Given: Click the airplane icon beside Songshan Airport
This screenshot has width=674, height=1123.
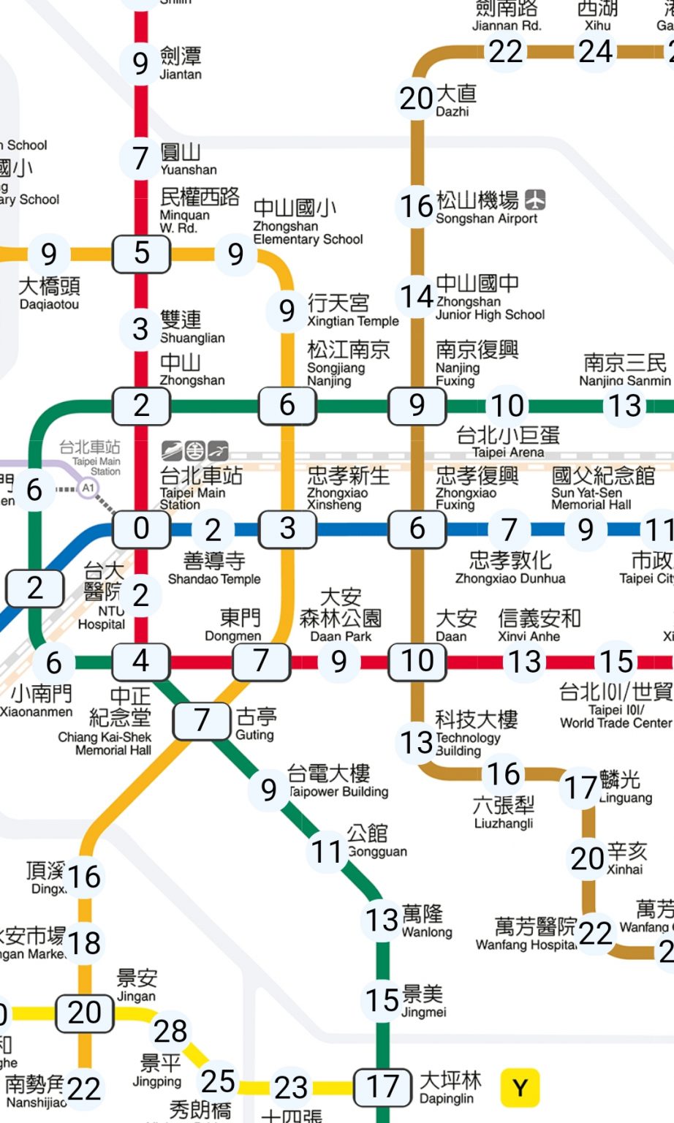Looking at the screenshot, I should click(535, 200).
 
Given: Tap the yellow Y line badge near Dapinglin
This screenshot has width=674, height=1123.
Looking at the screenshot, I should click(520, 1088).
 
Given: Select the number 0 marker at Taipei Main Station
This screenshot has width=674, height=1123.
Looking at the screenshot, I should click(141, 529).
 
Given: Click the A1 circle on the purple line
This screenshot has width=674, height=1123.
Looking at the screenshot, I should click(88, 488).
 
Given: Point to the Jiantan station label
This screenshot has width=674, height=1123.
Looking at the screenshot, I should click(181, 64).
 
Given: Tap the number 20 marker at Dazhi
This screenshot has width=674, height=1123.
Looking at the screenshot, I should click(417, 98).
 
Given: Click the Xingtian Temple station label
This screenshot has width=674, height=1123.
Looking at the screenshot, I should click(352, 310).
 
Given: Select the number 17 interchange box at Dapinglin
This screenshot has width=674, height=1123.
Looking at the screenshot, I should click(382, 1088).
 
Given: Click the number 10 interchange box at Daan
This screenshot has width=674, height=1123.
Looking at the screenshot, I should click(417, 662).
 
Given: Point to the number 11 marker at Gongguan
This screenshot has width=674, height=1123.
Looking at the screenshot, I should click(327, 852).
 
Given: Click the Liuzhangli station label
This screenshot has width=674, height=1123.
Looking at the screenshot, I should click(504, 812).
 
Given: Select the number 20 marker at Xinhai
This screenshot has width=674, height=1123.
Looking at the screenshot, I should click(587, 858).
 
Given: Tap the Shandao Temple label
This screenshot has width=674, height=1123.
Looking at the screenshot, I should click(214, 569).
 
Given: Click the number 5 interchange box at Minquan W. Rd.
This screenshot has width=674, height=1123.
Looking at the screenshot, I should click(141, 254).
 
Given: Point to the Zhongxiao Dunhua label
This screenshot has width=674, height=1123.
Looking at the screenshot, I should click(510, 568).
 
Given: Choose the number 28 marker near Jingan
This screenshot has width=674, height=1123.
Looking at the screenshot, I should click(170, 1032).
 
